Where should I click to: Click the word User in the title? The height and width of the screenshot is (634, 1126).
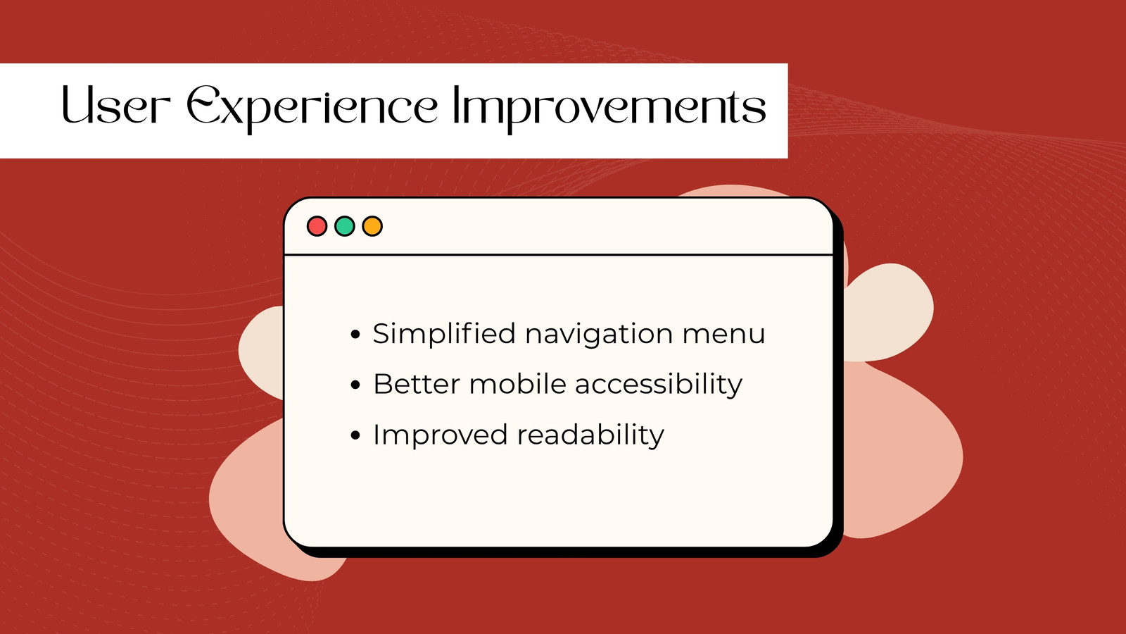click(116, 105)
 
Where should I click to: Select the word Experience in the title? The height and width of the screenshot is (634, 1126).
click(312, 109)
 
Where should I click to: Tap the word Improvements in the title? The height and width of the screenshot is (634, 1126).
click(609, 109)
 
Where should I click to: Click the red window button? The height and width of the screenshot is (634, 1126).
click(317, 226)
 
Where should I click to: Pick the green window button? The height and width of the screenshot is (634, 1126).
click(345, 226)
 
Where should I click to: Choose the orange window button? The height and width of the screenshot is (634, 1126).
click(372, 226)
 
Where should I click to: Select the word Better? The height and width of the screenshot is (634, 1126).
click(417, 385)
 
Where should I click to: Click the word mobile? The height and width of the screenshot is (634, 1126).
click(518, 383)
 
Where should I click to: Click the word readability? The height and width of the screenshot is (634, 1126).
click(590, 435)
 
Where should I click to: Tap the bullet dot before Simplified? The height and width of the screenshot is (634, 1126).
click(355, 334)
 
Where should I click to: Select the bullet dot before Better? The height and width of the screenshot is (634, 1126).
click(355, 385)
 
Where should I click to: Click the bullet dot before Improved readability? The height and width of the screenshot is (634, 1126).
click(355, 435)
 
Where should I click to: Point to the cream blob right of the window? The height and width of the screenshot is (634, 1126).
click(887, 313)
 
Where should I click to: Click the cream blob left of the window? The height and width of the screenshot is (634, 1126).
click(261, 352)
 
